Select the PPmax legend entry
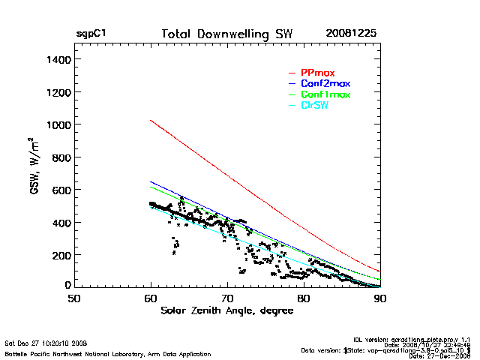[x=317, y=72]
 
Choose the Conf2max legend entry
[x=325, y=83]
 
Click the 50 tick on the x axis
[x=73, y=298]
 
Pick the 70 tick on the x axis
[x=227, y=298]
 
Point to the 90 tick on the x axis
[x=380, y=298]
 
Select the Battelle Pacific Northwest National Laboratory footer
[x=107, y=353]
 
